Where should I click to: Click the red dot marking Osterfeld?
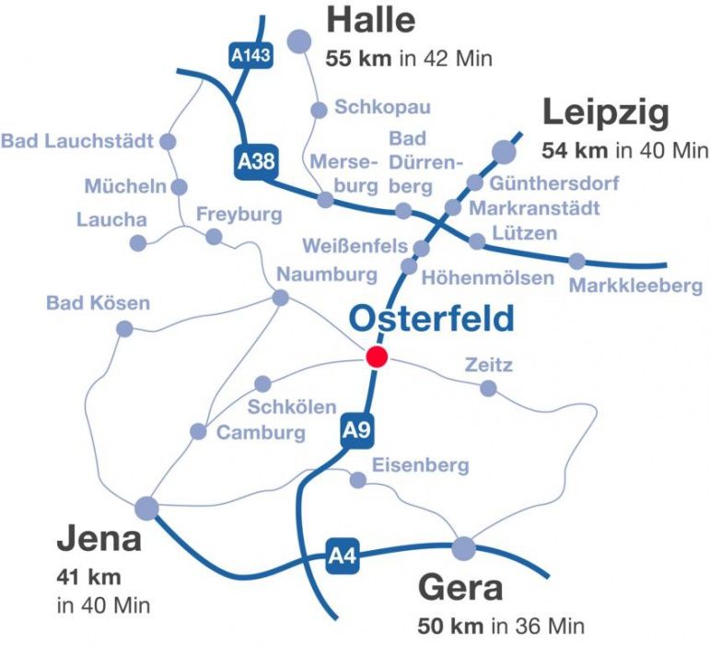tap(376, 358)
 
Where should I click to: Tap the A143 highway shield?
tap(250, 57)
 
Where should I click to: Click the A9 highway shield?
tap(356, 429)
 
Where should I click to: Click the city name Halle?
tap(371, 20)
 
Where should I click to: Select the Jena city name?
tap(99, 539)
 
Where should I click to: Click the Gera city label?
tap(460, 587)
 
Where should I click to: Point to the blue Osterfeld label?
tap(432, 319)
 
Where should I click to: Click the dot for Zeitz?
tap(488, 388)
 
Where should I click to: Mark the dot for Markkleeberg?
tap(576, 261)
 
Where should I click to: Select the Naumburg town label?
tap(327, 275)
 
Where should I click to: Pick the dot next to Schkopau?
tap(319, 110)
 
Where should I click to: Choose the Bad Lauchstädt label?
tap(78, 141)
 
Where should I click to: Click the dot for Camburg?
tap(198, 431)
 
